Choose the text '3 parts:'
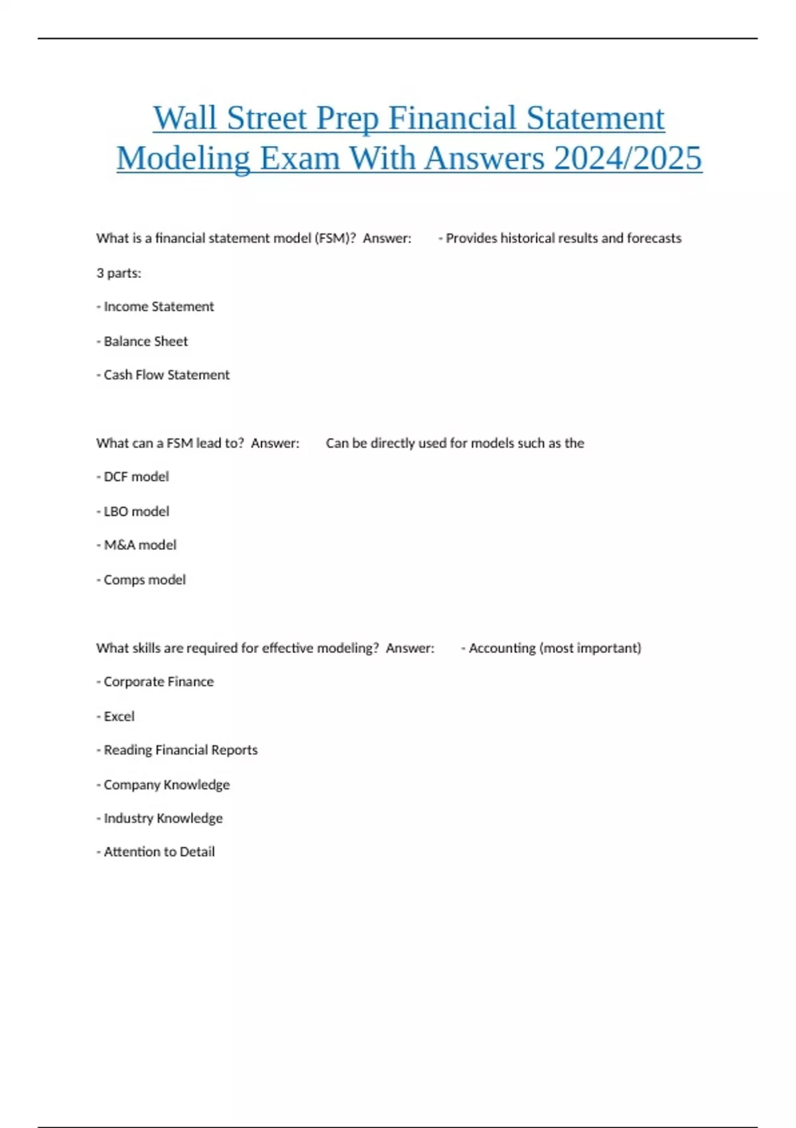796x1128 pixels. pyautogui.click(x=119, y=273)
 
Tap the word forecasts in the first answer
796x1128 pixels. pyautogui.click(x=654, y=238)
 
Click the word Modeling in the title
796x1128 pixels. pyautogui.click(x=183, y=159)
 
